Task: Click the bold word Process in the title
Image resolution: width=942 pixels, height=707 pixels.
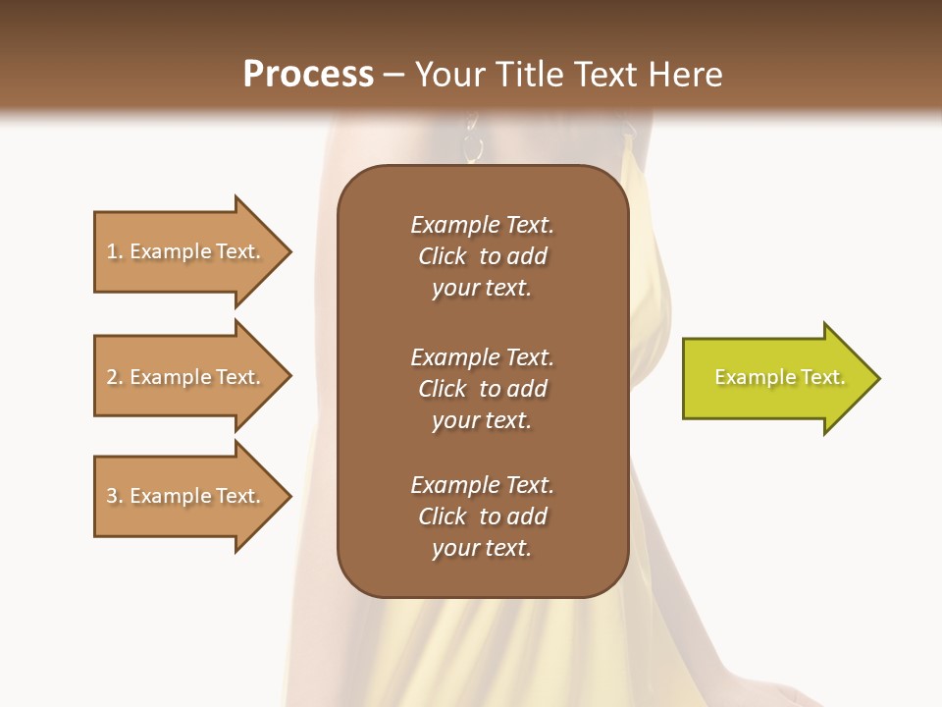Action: pos(308,75)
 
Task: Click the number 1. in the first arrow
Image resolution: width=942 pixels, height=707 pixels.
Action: pos(115,251)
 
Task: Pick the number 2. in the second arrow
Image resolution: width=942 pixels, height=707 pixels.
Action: pos(115,377)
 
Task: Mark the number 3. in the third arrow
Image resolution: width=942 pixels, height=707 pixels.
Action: pos(115,496)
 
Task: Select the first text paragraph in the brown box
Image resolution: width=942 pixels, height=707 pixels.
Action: pos(482,256)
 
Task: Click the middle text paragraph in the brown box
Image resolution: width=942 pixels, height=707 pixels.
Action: pos(482,389)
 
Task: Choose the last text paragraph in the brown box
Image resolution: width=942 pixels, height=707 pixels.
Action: pos(482,517)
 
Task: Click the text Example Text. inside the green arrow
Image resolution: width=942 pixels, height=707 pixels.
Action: pos(779,377)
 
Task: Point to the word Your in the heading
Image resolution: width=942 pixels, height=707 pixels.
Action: pos(452,75)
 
